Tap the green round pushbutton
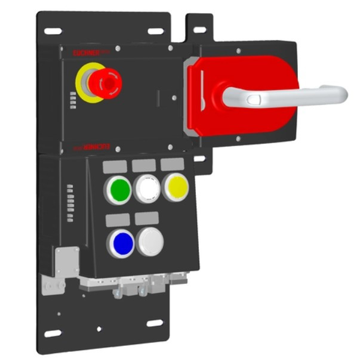(118, 190)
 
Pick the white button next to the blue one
(150, 242)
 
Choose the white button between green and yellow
(146, 189)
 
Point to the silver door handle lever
(287, 94)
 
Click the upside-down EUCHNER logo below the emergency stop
(96, 146)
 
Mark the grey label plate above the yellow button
(172, 164)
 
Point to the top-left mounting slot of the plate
(53, 31)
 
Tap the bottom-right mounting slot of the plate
(155, 323)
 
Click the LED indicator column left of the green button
(70, 194)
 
